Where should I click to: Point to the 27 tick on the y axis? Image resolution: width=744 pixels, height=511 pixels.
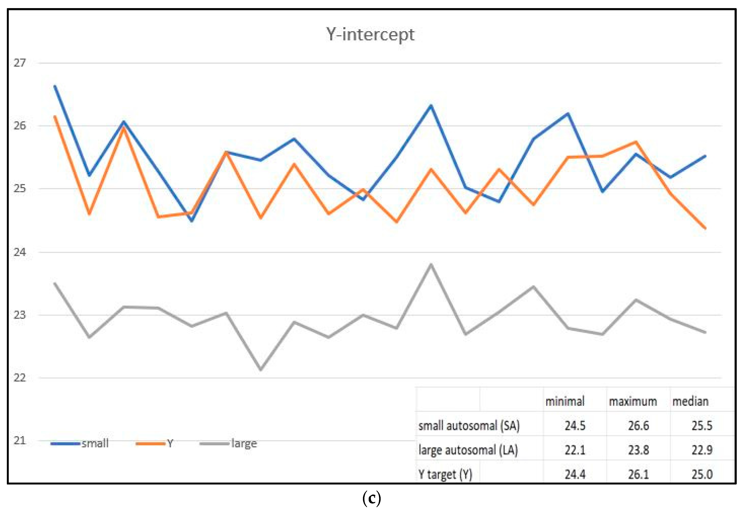(x=19, y=63)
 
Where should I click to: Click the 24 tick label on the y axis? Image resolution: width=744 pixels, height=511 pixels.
(x=19, y=252)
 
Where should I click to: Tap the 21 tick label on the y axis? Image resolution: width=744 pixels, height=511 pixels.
(x=19, y=441)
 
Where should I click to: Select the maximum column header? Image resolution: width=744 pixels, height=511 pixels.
(x=633, y=401)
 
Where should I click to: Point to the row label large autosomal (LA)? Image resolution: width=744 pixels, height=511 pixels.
(x=468, y=450)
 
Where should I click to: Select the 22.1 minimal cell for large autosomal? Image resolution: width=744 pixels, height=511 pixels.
(x=575, y=450)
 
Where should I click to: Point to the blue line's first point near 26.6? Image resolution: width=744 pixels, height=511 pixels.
(x=55, y=86)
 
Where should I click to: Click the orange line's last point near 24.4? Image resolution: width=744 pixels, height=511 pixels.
(x=705, y=228)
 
